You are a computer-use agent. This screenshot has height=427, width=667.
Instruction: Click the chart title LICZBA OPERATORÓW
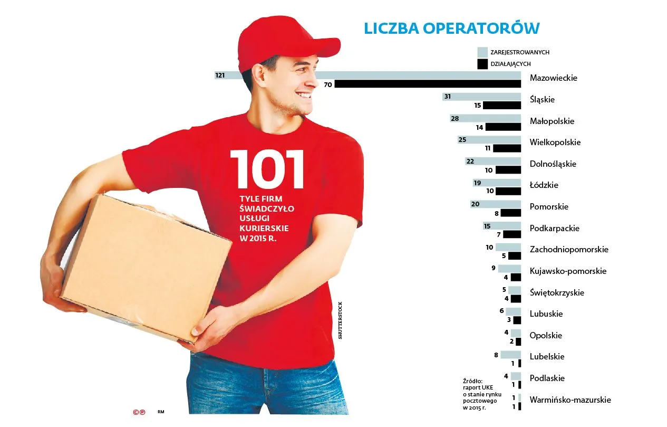[x=451, y=29]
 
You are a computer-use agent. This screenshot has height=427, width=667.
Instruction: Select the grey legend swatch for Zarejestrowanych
[x=482, y=52]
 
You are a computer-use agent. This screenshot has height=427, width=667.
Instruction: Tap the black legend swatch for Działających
[x=482, y=64]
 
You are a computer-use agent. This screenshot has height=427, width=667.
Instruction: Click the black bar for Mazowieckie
[x=428, y=84]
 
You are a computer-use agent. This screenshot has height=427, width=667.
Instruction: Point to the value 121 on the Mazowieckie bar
[x=220, y=75]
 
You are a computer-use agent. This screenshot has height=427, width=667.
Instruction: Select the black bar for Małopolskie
[x=503, y=127]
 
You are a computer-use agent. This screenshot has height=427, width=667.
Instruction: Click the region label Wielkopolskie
[x=555, y=142]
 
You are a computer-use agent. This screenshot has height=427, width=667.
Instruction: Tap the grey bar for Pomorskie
[x=496, y=204]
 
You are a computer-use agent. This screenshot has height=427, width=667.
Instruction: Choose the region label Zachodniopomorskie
[x=569, y=249]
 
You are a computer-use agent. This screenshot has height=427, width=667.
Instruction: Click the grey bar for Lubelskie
[x=510, y=355]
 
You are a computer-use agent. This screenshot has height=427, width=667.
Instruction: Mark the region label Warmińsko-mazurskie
[x=570, y=400]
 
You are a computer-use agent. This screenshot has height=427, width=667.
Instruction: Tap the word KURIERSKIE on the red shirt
[x=264, y=227]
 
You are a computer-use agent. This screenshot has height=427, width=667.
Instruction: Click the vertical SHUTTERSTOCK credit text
[x=340, y=320]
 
